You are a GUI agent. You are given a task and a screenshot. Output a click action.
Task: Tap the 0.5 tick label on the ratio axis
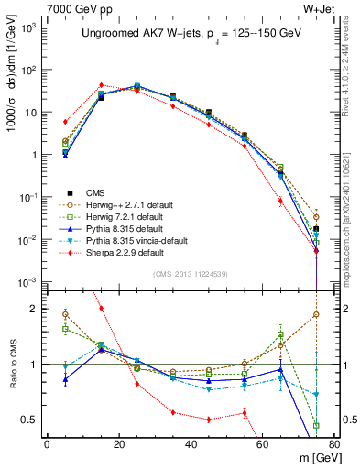coord(30,420)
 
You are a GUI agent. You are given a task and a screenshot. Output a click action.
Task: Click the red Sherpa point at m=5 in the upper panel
coord(65,121)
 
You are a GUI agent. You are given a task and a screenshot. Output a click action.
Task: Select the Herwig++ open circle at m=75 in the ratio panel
coord(316,314)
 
